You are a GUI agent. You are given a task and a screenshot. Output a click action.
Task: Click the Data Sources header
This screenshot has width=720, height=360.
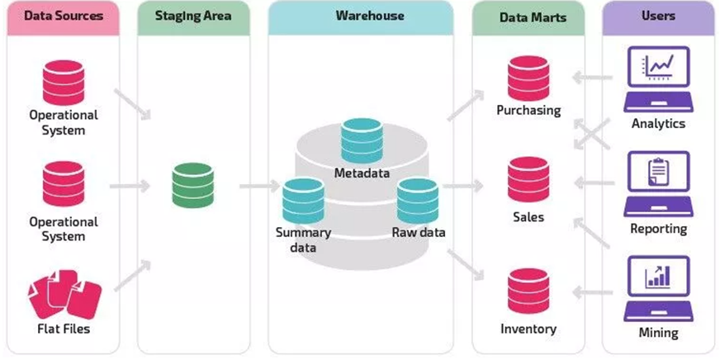click(64, 16)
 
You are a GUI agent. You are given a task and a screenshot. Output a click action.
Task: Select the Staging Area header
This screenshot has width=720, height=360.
click(192, 16)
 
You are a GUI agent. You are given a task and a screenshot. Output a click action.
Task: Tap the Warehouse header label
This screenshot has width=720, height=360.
click(358, 16)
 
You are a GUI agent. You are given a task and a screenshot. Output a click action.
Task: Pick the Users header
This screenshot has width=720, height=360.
click(658, 16)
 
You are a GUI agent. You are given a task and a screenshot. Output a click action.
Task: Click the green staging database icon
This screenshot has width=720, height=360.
click(193, 185)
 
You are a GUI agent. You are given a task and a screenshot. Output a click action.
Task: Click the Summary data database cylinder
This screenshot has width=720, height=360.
click(303, 201)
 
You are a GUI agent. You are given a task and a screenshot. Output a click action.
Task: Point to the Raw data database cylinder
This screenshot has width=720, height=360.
click(417, 201)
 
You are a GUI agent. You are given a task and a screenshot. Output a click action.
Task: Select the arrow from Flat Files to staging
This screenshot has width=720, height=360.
click(132, 277)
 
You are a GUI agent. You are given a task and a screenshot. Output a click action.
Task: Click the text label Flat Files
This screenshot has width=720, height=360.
click(64, 329)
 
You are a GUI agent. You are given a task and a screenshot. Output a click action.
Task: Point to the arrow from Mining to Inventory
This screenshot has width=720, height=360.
click(593, 291)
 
